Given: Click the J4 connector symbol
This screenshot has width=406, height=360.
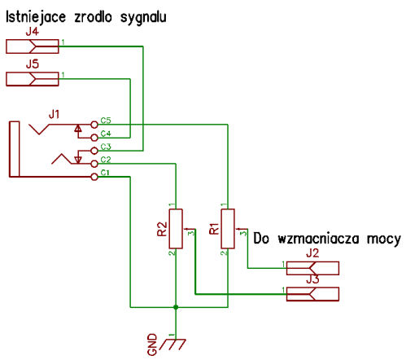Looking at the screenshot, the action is click(33, 46).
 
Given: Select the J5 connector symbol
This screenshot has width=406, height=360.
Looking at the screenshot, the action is click(33, 79).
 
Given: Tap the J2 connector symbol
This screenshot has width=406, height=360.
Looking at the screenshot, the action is click(312, 268).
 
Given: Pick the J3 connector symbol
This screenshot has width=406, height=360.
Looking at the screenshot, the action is click(312, 294).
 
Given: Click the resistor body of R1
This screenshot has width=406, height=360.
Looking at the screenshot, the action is click(228, 229).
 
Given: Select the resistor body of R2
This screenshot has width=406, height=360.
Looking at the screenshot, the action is click(176, 229).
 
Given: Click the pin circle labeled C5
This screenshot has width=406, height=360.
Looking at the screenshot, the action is click(94, 125).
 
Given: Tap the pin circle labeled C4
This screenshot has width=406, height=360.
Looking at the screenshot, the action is click(94, 138).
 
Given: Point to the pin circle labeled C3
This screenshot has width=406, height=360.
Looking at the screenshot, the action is click(94, 151).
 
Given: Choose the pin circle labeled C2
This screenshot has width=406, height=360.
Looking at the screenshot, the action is click(94, 164).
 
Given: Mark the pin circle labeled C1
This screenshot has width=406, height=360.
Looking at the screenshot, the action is click(94, 177).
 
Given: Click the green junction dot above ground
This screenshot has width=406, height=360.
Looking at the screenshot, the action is click(176, 307).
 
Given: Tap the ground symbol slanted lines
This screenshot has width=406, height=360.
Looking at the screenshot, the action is click(172, 345).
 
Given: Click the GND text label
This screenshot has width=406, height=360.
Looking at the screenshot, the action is click(152, 345).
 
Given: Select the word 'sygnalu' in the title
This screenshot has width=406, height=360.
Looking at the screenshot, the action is click(143, 18).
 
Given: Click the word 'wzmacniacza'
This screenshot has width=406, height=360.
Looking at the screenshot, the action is click(319, 239).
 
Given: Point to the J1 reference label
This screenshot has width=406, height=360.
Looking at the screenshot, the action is click(54, 115).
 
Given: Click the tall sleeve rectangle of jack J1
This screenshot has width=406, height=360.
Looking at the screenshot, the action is click(15, 149).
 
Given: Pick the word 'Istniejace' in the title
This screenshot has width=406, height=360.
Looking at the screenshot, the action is click(36, 17).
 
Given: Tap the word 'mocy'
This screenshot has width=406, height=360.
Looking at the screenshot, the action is click(384, 239).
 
